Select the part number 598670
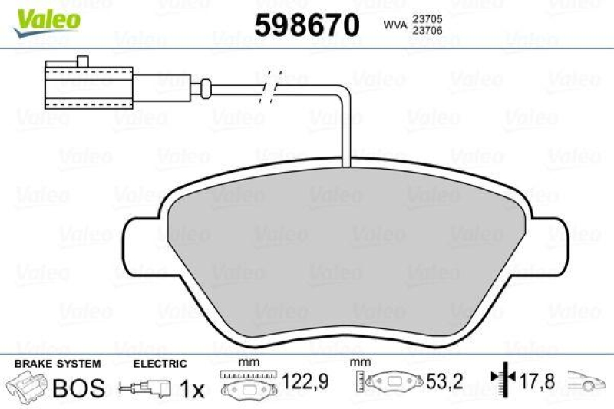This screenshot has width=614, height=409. point(306,25)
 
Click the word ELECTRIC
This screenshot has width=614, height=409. point(160,364)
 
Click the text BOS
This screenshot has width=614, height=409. point(78,388)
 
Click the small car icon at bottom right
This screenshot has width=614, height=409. point(586,381)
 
